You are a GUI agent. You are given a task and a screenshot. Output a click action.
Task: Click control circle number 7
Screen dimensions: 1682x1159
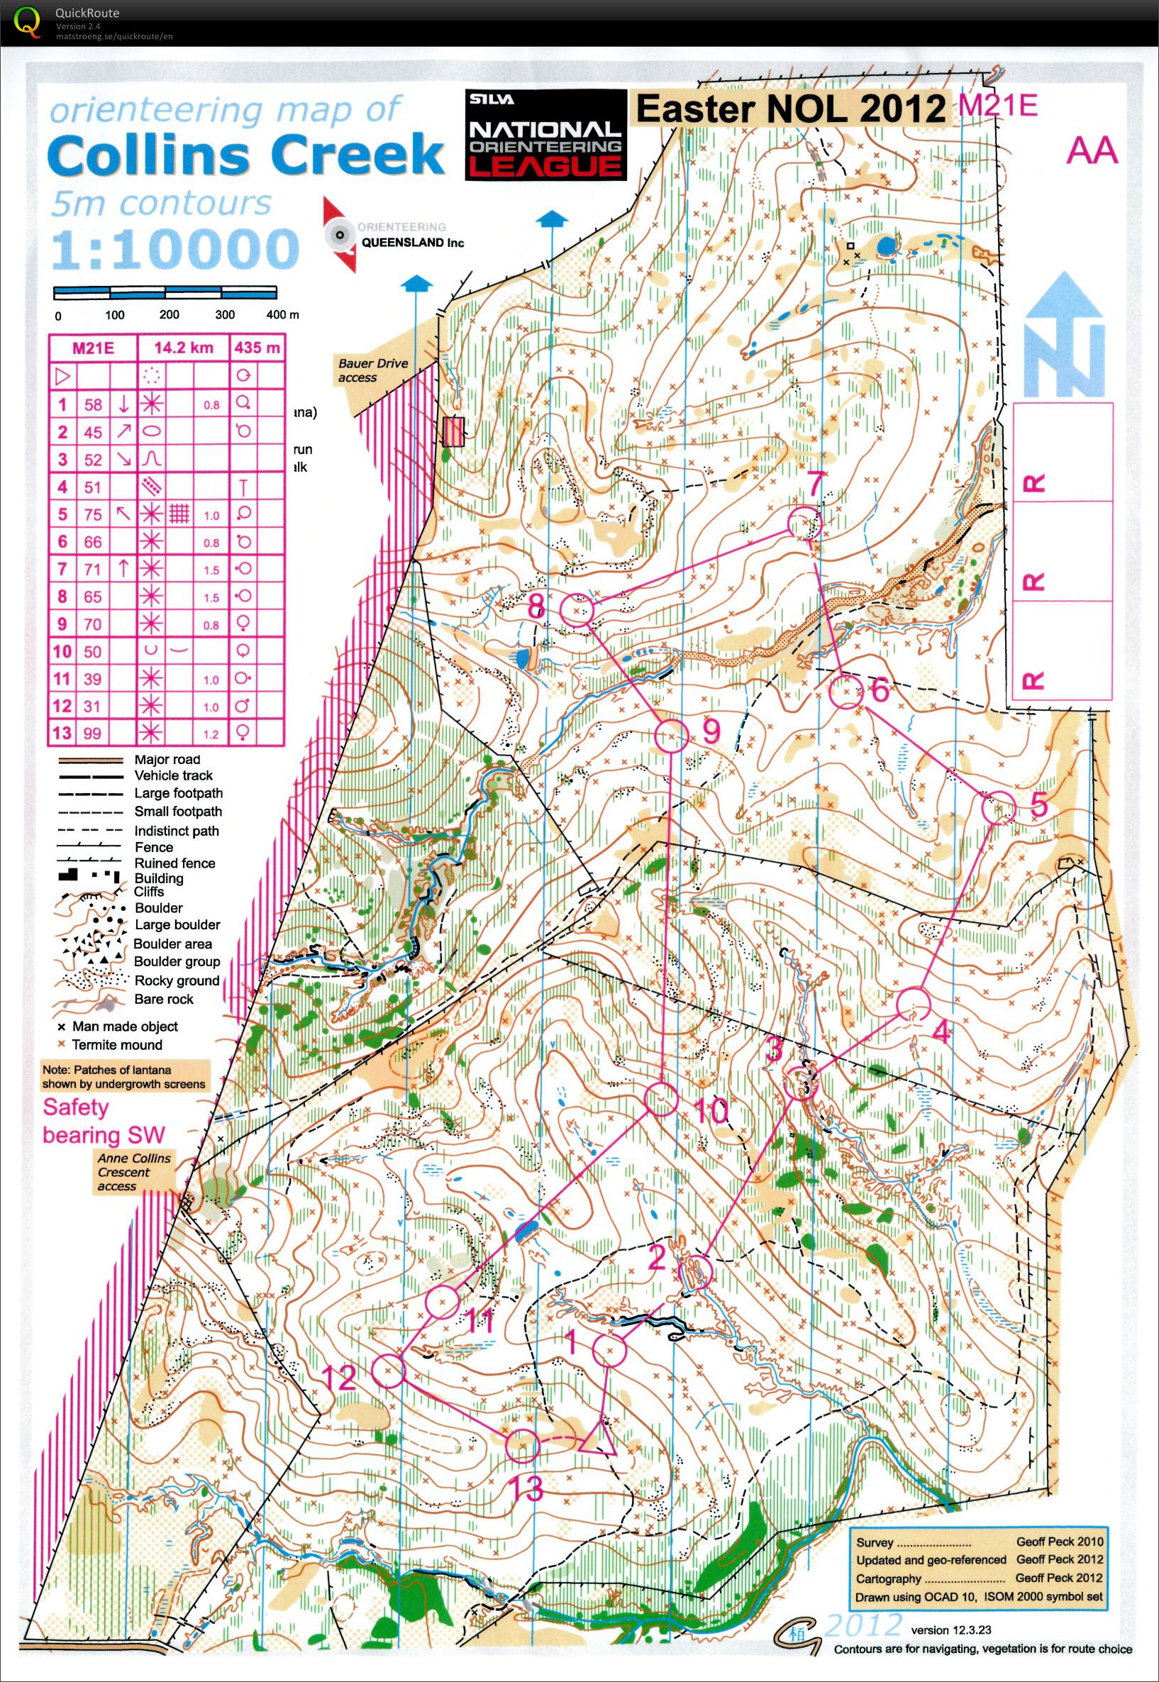click(x=804, y=524)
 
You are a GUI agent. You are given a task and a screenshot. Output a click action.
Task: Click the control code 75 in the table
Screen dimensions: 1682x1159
click(x=92, y=514)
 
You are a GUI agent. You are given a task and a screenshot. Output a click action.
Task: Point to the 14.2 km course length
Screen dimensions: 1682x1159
click(x=184, y=348)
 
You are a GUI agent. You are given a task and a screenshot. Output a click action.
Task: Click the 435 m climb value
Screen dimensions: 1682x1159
click(x=257, y=348)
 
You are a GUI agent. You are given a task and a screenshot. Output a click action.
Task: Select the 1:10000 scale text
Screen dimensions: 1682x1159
click(x=174, y=249)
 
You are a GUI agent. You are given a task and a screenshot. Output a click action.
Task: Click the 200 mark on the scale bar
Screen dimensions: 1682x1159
click(x=170, y=315)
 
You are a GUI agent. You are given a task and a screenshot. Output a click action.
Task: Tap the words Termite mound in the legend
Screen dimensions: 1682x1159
click(x=117, y=1044)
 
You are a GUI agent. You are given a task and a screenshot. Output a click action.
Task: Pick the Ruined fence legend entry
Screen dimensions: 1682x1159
click(x=174, y=863)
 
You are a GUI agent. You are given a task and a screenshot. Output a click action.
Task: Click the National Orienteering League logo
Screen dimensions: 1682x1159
click(x=545, y=134)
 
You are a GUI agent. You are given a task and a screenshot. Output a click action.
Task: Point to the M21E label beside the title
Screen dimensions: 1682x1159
click(x=997, y=104)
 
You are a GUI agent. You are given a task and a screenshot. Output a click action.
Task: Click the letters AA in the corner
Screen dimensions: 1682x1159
click(x=1091, y=152)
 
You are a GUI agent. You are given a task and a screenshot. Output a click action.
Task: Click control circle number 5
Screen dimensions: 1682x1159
click(x=999, y=807)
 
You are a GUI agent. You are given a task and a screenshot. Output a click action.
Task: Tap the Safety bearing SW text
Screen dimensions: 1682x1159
click(x=103, y=1122)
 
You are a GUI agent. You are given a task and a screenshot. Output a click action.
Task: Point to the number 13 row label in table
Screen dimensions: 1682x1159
click(x=62, y=733)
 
